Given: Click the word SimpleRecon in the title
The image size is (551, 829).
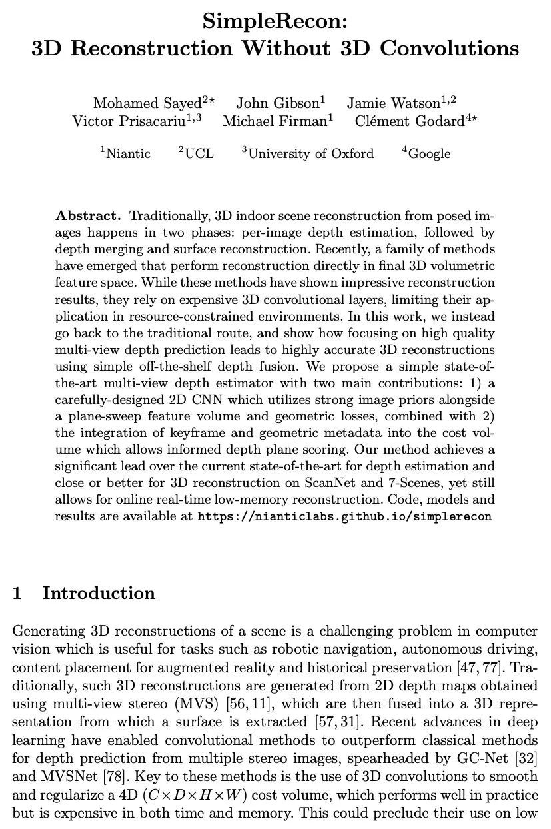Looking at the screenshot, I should tap(275, 22).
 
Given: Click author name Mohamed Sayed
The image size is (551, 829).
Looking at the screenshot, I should tap(147, 103).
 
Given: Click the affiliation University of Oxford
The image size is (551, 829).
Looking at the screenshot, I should tap(310, 154).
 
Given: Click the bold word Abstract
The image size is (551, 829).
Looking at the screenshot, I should tap(88, 216).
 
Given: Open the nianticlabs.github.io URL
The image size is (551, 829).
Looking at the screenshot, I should tap(344, 517).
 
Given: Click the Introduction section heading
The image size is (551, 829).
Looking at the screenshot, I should tap(99, 594).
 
